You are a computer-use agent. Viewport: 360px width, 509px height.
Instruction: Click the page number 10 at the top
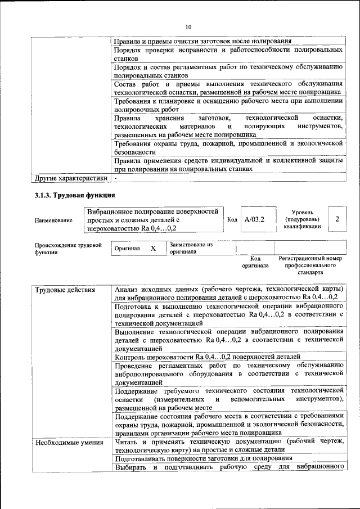tap(188, 26)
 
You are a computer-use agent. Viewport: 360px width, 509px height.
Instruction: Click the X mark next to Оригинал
tap(153, 248)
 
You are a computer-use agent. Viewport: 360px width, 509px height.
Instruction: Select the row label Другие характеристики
tap(70, 178)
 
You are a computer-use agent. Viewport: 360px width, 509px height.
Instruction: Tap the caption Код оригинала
tap(255, 262)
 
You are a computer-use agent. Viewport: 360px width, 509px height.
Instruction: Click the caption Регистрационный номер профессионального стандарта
tap(310, 265)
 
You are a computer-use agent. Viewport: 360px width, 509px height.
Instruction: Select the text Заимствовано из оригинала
tap(191, 249)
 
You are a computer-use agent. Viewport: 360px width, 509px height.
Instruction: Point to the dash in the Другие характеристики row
tap(115, 178)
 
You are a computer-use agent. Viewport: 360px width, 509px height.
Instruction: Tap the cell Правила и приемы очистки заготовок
tap(202, 41)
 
